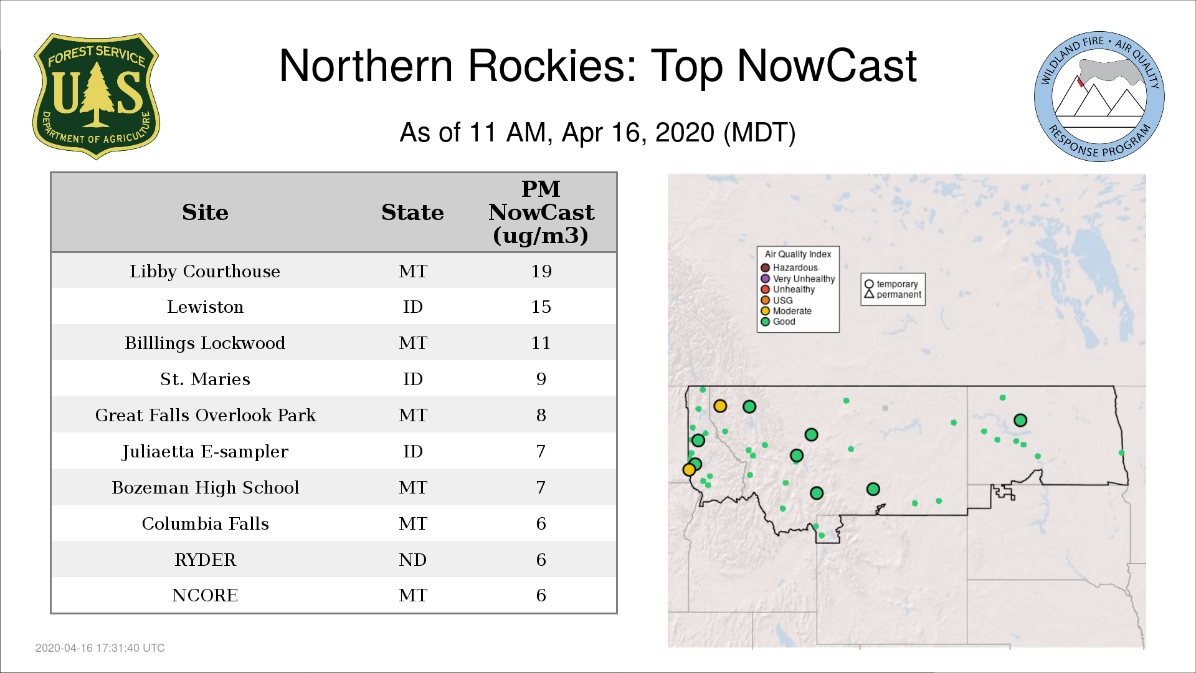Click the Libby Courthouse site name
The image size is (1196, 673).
(205, 271)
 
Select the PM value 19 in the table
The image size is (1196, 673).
(541, 271)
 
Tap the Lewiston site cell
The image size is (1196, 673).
(205, 307)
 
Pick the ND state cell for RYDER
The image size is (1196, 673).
(413, 560)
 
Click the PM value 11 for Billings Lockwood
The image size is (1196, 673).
(541, 343)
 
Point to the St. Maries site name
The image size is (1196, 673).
(205, 379)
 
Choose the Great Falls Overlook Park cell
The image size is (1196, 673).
(205, 415)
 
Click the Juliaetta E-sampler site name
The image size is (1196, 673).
(205, 451)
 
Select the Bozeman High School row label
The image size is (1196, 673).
(205, 487)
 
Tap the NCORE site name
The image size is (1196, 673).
(205, 595)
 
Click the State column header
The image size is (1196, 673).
(412, 212)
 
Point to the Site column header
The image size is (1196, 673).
(205, 212)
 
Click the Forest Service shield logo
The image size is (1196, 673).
(96, 97)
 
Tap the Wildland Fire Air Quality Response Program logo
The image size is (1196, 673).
(1099, 97)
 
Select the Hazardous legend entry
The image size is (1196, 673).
(789, 268)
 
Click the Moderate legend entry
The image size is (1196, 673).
(786, 311)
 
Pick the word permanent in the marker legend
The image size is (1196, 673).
(899, 295)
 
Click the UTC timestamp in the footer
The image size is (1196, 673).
(100, 648)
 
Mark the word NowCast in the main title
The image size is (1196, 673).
(827, 65)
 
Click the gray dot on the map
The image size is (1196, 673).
(885, 408)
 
